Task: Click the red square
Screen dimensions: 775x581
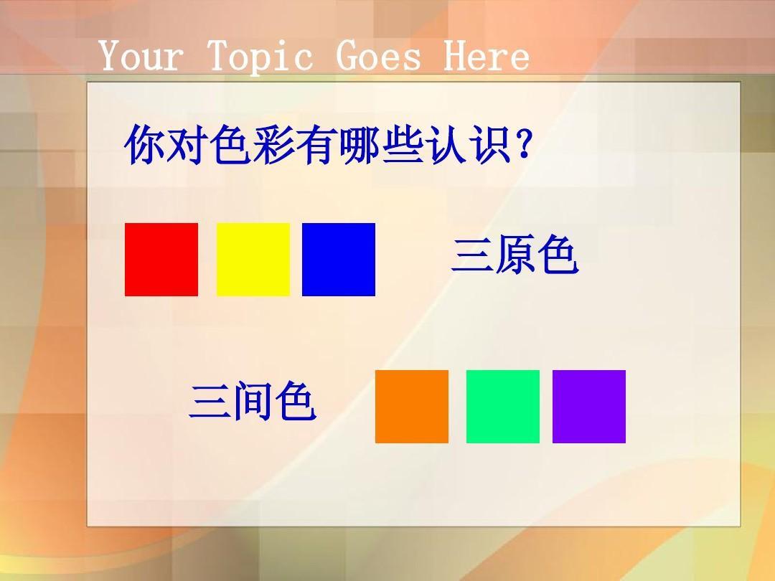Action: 161,260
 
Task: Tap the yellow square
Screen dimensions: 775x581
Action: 253,260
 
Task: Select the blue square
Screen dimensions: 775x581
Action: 339,260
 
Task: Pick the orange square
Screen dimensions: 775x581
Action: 412,407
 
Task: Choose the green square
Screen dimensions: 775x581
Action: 502,407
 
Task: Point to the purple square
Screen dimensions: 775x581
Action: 589,407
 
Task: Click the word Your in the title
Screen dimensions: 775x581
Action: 141,55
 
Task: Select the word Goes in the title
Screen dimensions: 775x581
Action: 378,55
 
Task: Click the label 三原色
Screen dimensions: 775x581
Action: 515,255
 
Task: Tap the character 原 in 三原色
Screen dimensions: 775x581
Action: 515,255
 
